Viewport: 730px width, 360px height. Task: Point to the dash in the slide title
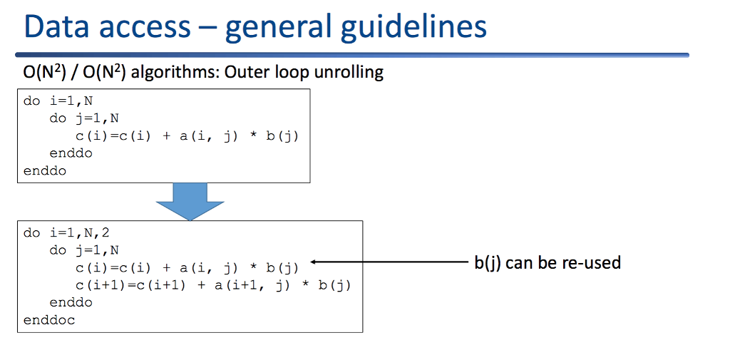coord(207,29)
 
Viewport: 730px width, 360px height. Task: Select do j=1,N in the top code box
coord(84,118)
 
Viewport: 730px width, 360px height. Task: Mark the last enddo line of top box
coord(45,170)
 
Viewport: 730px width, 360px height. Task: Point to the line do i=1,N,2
coord(67,233)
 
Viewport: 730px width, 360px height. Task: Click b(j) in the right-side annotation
coord(488,262)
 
